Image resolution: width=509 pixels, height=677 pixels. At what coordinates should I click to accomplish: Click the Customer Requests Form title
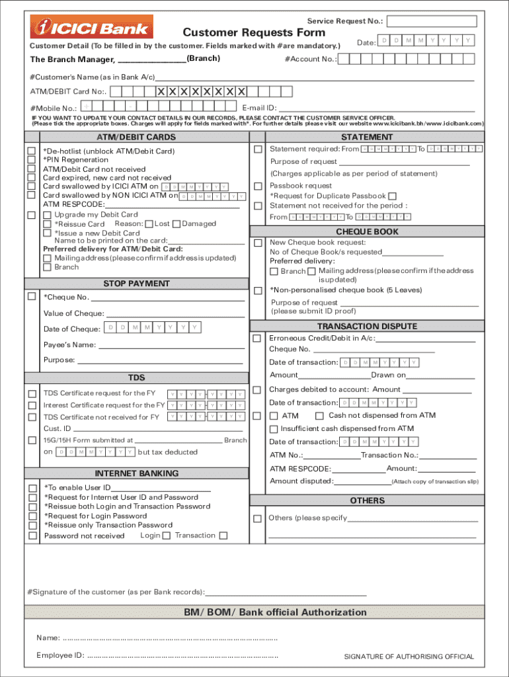click(254, 32)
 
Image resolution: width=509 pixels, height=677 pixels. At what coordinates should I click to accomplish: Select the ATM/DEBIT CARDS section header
click(136, 137)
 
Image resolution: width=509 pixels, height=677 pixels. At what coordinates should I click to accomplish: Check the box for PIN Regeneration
click(31, 160)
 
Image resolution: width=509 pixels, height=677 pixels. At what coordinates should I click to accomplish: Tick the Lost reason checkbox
click(149, 224)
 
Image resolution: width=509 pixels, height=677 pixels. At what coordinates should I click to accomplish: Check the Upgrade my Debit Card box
click(47, 215)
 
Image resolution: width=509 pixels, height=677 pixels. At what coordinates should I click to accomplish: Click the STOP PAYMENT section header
click(136, 284)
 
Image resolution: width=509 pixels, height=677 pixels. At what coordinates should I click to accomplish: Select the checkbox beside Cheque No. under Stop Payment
click(31, 296)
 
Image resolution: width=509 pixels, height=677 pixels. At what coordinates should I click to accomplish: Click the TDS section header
click(136, 378)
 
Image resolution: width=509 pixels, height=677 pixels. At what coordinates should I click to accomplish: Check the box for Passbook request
click(258, 186)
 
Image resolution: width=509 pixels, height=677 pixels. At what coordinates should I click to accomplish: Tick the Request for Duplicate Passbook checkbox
click(392, 196)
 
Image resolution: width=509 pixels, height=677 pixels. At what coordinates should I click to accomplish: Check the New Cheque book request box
click(258, 243)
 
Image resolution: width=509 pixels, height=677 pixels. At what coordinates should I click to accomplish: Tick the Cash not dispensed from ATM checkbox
click(319, 416)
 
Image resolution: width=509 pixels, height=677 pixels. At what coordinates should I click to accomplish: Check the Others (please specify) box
click(258, 518)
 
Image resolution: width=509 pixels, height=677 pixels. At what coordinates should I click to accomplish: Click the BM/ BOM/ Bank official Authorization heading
click(275, 612)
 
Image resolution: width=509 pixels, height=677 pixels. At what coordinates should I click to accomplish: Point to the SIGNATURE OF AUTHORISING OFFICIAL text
click(409, 657)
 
